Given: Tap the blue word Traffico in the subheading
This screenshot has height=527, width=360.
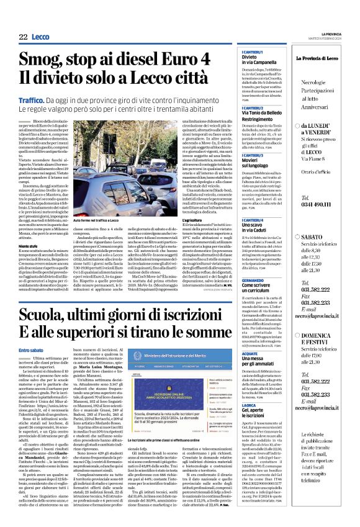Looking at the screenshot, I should [32, 99].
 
